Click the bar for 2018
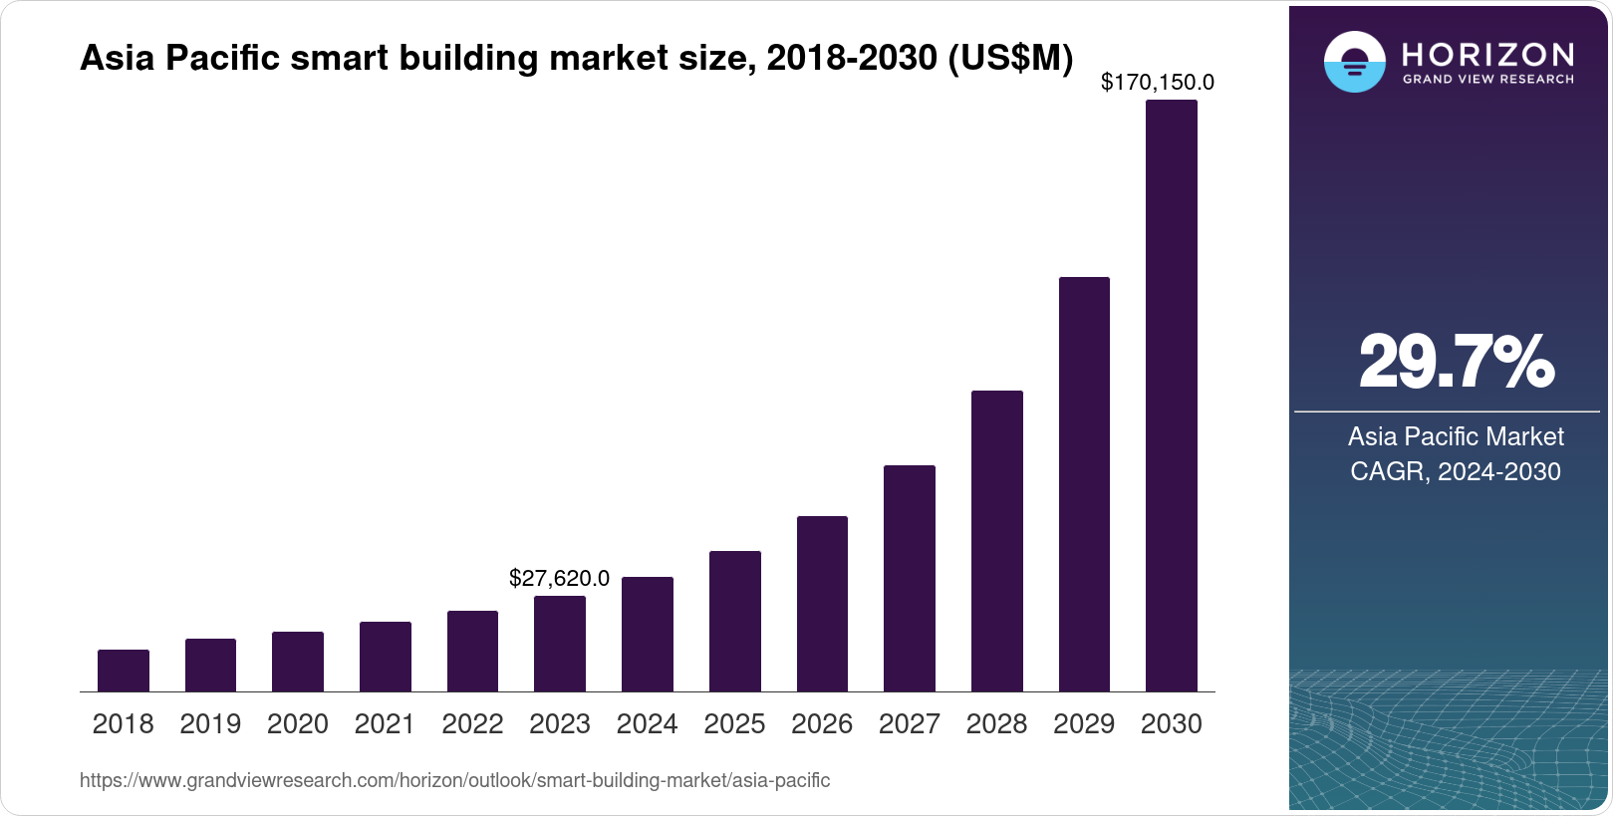coord(124,671)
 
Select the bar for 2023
coord(560,644)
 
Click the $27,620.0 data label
coord(559,578)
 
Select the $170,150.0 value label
coord(1157,83)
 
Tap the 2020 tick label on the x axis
coord(298,724)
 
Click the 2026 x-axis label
coord(822,724)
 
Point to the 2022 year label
coord(472,724)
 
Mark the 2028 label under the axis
coord(996,724)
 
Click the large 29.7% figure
coord(1456,363)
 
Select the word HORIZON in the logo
coord(1487,54)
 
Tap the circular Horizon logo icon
coord(1354,62)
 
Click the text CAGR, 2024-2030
coord(1455,471)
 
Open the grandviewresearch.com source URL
coord(454,780)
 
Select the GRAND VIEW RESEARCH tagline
coord(1487,79)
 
